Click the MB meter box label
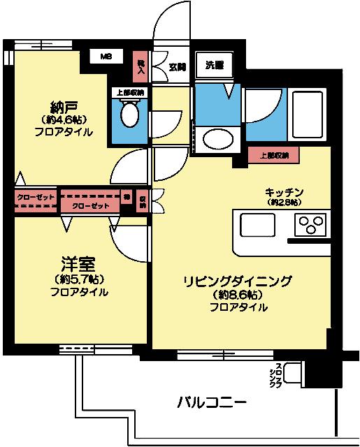click(105, 56)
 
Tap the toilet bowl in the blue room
click(129, 115)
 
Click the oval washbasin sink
click(213, 140)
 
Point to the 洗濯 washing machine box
click(215, 66)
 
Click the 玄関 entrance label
click(178, 67)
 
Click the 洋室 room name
click(78, 265)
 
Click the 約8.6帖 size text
click(237, 295)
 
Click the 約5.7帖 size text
click(78, 279)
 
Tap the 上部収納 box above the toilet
click(129, 92)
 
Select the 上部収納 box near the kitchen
click(273, 155)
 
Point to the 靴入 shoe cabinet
click(141, 66)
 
